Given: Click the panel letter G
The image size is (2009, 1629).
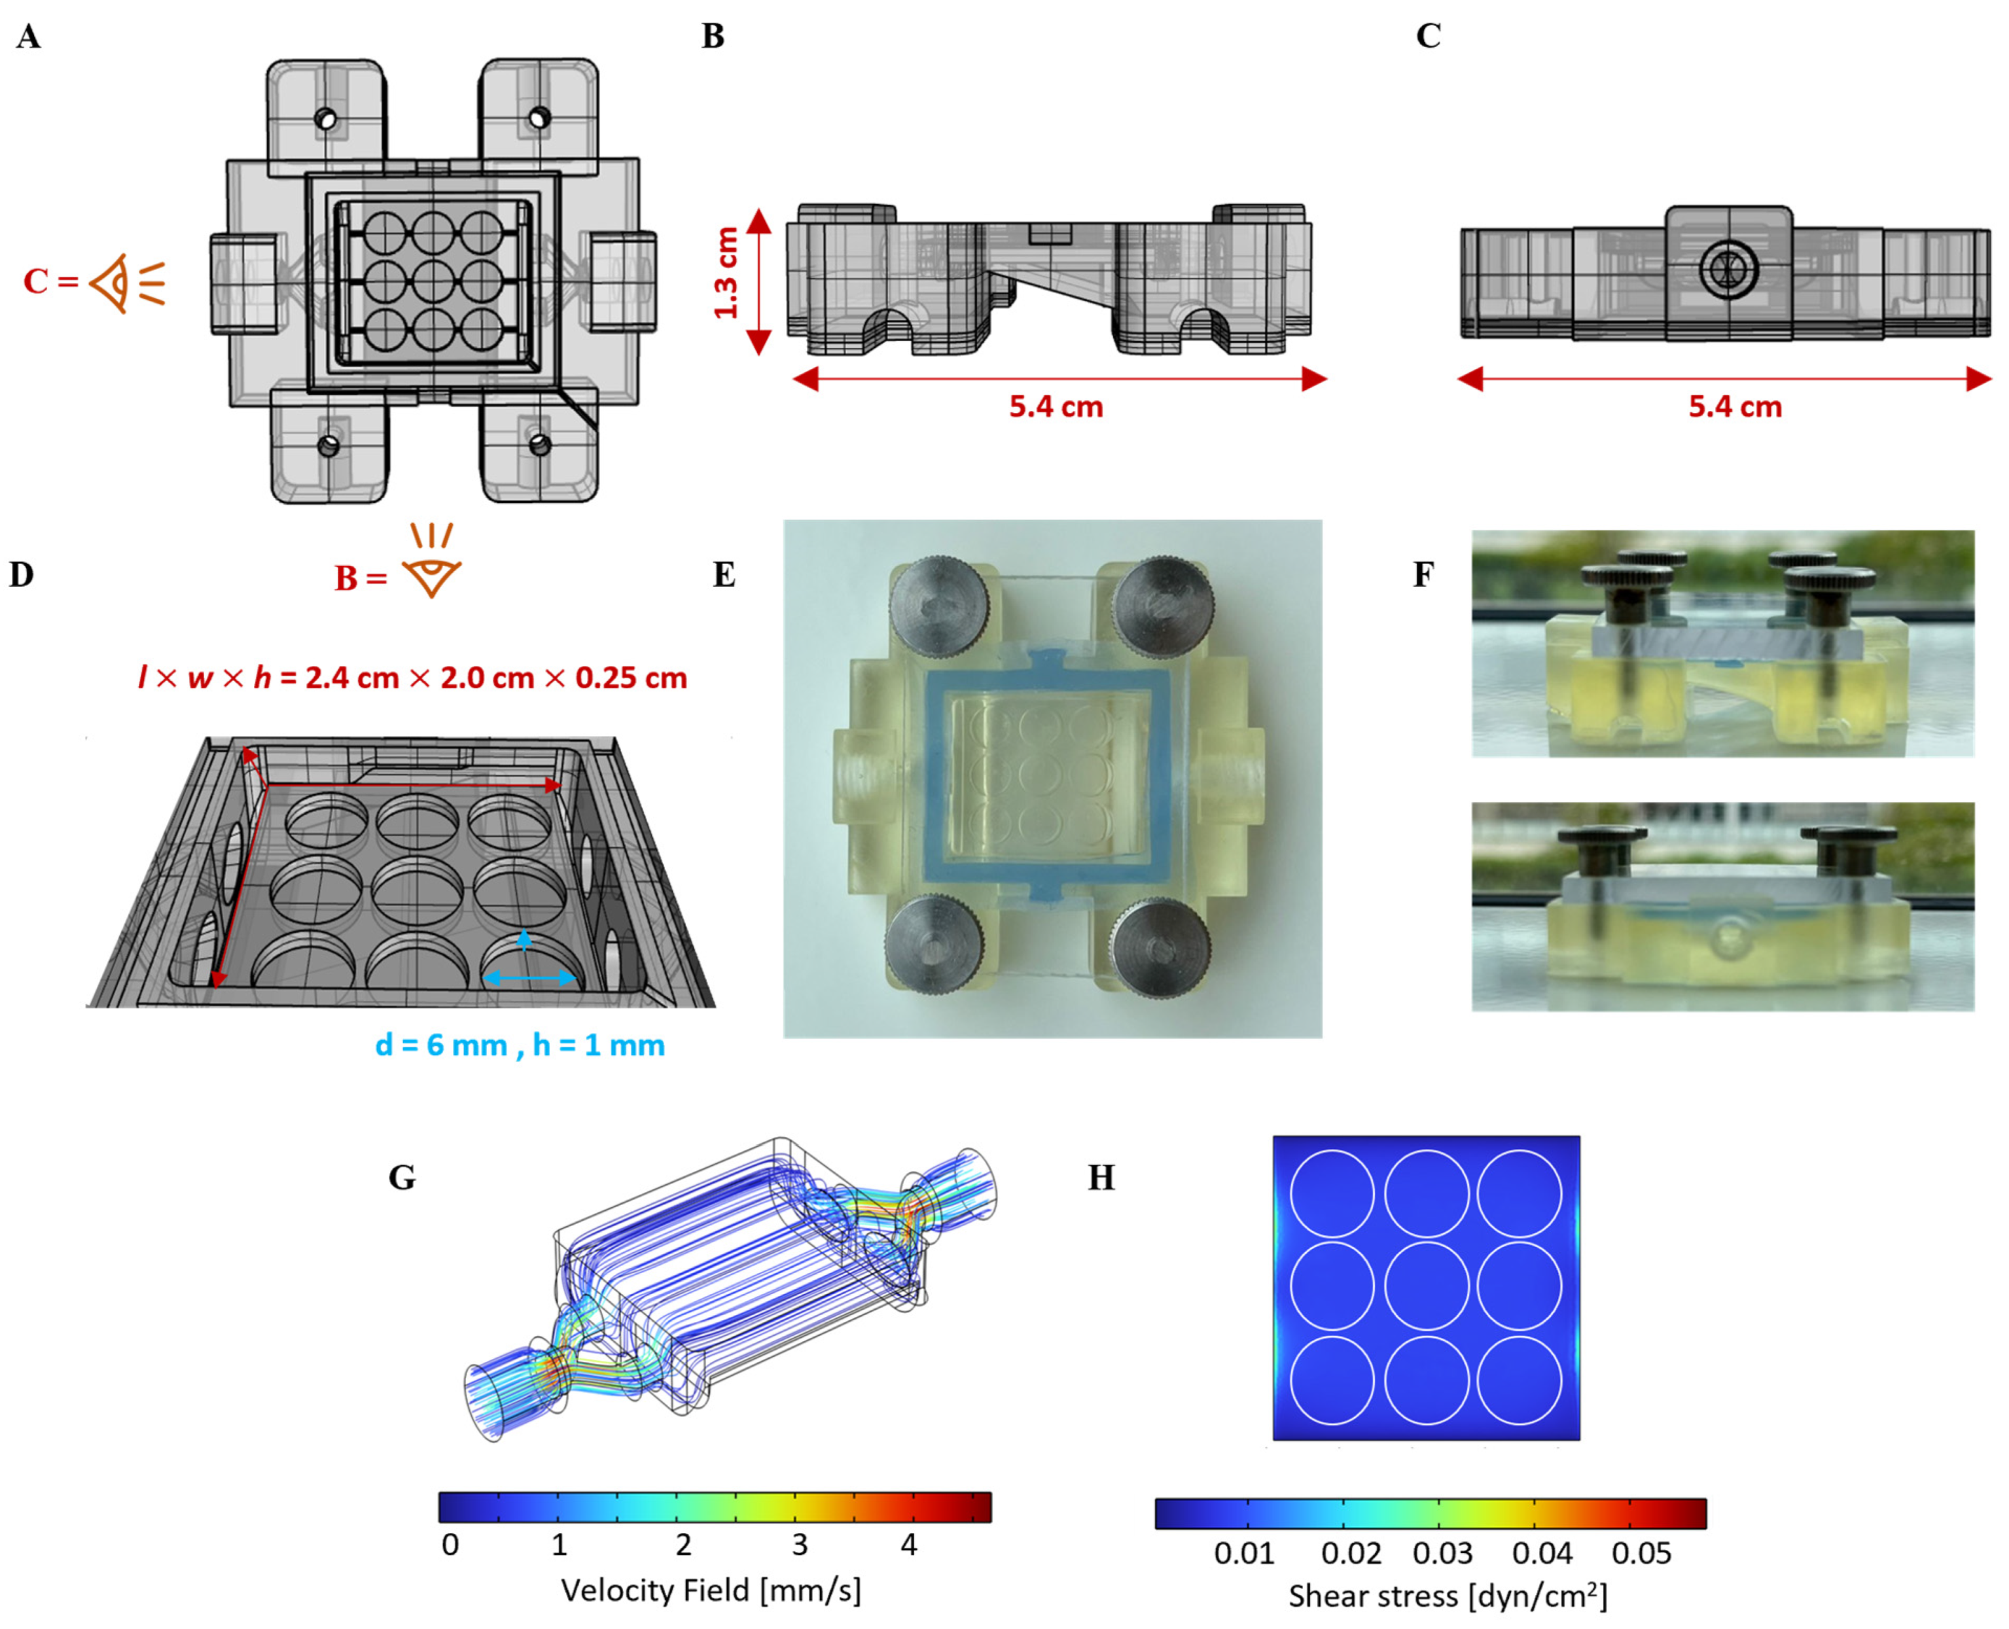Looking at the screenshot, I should coord(402,1177).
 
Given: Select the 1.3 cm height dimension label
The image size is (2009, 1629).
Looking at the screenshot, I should coord(726,274).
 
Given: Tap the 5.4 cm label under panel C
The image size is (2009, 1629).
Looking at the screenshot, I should coord(1734,407).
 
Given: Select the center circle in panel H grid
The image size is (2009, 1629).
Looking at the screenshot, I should coord(1425,1286).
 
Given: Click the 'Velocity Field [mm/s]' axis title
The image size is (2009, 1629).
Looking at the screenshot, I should coord(711,1590).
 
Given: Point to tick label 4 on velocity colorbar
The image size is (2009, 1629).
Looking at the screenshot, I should coord(908,1545).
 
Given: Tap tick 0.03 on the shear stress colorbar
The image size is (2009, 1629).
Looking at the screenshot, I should coord(1442,1553).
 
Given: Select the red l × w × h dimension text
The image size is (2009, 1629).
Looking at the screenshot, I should coord(412,678).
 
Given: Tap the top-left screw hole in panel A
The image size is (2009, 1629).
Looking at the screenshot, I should coord(326,119).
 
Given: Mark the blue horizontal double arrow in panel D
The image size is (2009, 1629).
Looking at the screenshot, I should coord(529,978).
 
